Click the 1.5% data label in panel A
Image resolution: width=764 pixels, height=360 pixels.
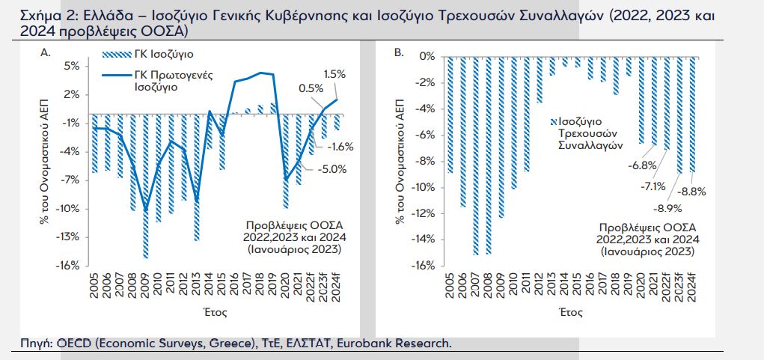334,74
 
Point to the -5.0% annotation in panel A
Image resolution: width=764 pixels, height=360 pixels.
332,169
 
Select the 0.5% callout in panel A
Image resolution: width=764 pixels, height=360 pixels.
311,88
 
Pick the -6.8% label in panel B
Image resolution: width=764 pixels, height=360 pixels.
621,165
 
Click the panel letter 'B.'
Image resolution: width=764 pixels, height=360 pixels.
399,52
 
